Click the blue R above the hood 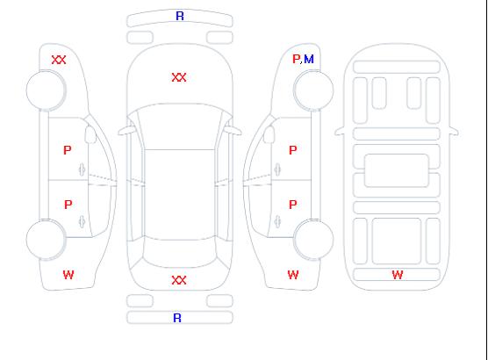click(180, 16)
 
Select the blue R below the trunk click(177, 318)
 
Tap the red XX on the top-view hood click(179, 77)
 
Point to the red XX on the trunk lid click(179, 280)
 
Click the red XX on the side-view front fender click(59, 60)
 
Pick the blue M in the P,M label click(309, 59)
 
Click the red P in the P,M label click(296, 59)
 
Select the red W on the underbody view click(398, 275)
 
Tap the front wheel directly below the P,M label click(313, 90)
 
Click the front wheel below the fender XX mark click(46, 90)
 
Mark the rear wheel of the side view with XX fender click(46, 240)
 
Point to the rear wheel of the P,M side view click(313, 240)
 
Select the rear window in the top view click(180, 253)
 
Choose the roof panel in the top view click(180, 195)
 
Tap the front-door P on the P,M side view click(293, 150)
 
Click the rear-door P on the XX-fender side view click(68, 205)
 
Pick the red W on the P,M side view click(293, 275)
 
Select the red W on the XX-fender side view click(68, 275)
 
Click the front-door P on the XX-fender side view click(68, 150)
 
